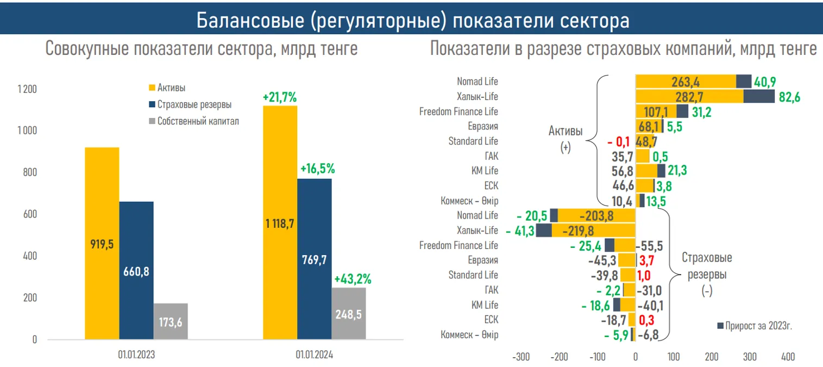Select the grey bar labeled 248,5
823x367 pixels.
tap(348, 314)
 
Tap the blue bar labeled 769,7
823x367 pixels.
tap(314, 259)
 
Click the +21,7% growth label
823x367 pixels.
tap(279, 98)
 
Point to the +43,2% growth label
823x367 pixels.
tap(353, 279)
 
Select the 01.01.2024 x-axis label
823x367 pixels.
tap(314, 354)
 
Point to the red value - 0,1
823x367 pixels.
tap(619, 141)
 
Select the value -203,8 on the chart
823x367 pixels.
tap(596, 216)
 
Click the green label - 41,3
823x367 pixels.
tap(520, 231)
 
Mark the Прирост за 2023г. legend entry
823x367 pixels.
tap(758, 325)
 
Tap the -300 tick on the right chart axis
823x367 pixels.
tap(521, 357)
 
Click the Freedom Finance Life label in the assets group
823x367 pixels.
tap(458, 111)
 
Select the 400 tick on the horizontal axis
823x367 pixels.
tap(788, 357)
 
